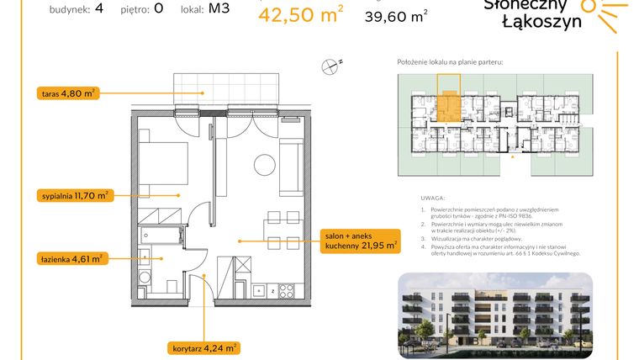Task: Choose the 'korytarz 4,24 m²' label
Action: pos(203,346)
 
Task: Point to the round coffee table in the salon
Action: pos(267,163)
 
